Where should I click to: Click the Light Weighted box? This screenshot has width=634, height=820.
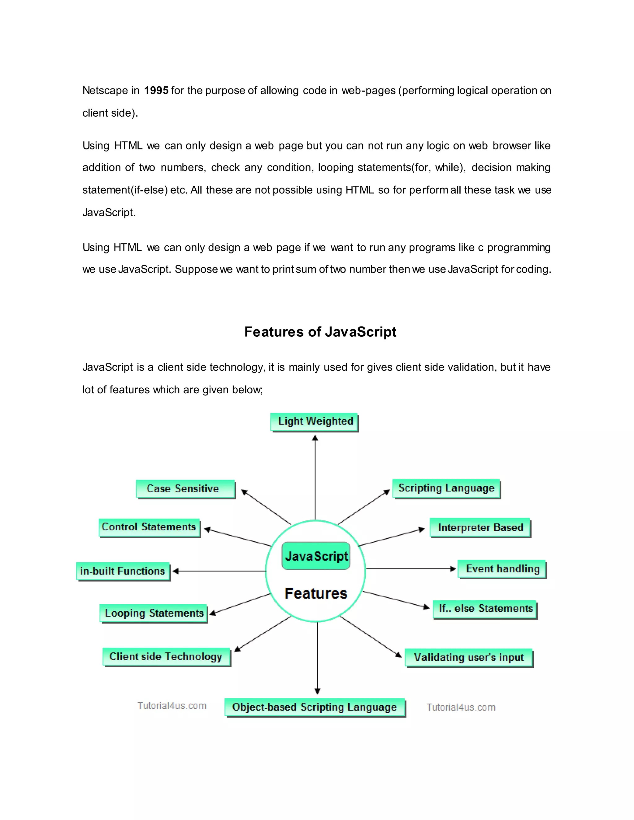click(315, 422)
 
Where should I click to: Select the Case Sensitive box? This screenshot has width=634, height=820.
click(185, 489)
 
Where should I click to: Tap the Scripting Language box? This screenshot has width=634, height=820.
click(446, 489)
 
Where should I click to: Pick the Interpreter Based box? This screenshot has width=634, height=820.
click(480, 528)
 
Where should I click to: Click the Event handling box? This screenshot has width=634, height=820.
click(502, 569)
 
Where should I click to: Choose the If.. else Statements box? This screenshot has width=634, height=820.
click(485, 609)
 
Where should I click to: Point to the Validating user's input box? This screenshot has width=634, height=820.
click(468, 658)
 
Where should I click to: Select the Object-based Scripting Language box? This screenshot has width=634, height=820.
click(315, 707)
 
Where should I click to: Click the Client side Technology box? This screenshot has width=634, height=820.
click(166, 657)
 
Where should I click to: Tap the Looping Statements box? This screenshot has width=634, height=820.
click(154, 613)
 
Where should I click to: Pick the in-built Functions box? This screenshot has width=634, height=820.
click(123, 571)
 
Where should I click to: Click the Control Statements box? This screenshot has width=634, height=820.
click(149, 527)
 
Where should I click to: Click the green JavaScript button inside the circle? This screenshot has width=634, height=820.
click(316, 556)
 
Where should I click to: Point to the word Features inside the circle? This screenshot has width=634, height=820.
click(316, 593)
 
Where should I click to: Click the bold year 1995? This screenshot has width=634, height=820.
click(156, 90)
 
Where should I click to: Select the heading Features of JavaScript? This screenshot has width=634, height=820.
click(320, 332)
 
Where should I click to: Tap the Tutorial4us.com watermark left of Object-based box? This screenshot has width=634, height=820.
click(172, 706)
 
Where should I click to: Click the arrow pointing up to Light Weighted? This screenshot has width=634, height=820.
click(315, 477)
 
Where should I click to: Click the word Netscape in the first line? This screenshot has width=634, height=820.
click(105, 90)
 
